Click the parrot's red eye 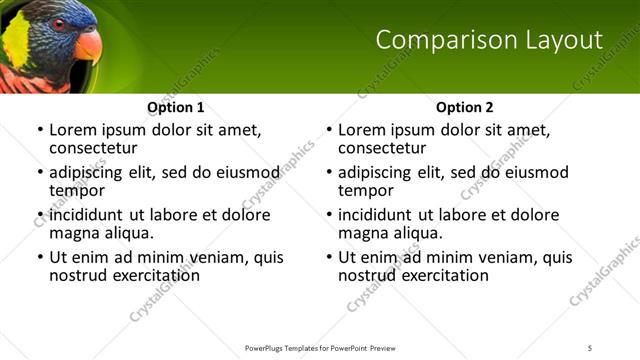[60, 24]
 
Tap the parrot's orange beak [88, 45]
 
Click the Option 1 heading [176, 107]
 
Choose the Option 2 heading [465, 107]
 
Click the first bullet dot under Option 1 [39, 131]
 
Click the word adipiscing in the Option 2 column [378, 172]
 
